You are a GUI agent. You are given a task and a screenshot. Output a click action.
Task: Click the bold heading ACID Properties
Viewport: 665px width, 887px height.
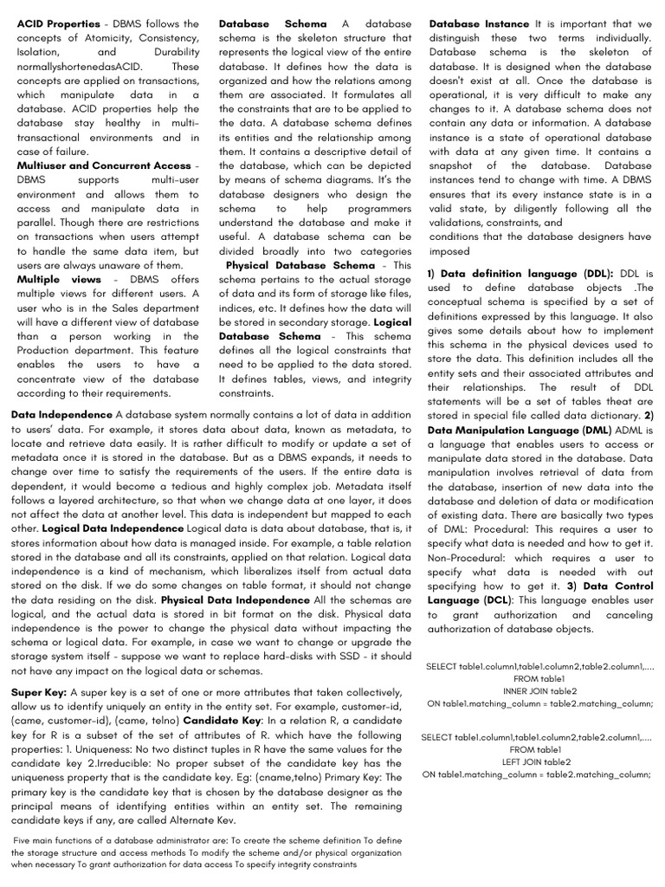(58, 24)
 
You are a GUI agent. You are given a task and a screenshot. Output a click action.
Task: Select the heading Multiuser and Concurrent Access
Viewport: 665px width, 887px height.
(103, 165)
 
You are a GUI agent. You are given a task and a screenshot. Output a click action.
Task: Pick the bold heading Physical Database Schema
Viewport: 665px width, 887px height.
(300, 265)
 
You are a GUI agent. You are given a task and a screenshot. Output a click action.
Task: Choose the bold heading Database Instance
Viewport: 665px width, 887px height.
(479, 24)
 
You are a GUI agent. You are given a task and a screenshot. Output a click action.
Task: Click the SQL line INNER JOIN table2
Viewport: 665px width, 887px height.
(539, 691)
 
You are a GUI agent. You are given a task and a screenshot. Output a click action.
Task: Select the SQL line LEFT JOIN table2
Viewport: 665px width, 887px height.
(536, 762)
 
